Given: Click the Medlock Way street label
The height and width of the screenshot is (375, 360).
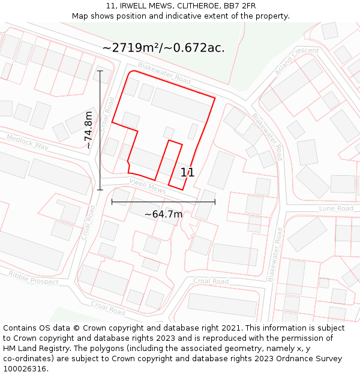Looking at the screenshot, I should [x=28, y=142].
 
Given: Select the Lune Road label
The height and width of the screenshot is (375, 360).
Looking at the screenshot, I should [x=336, y=208].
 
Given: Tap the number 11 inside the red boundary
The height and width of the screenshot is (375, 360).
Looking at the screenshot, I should [x=187, y=173].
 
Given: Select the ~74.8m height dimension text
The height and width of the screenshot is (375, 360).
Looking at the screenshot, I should [x=89, y=130].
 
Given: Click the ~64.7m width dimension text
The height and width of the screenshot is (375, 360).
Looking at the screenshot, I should [x=163, y=214].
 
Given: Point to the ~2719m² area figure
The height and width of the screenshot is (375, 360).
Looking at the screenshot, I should [x=131, y=48].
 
